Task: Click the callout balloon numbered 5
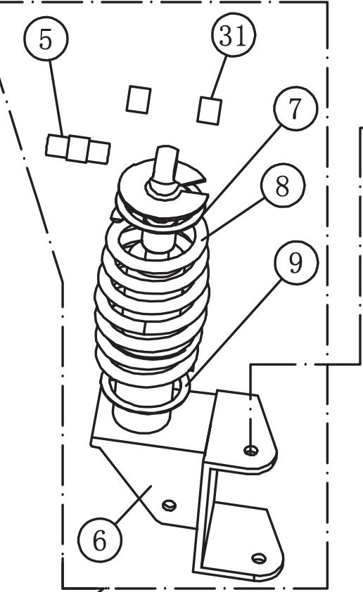coord(45,39)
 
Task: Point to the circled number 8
coord(282,188)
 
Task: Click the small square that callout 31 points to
coord(210,109)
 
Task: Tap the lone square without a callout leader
coord(139,98)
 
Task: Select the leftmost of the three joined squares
coord(56,146)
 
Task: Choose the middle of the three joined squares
coord(77,149)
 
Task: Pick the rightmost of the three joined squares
coord(98,152)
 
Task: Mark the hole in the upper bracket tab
coord(250,449)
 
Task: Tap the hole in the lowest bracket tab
coord(258,558)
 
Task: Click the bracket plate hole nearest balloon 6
coord(168,504)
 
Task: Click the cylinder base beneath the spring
coord(141,418)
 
